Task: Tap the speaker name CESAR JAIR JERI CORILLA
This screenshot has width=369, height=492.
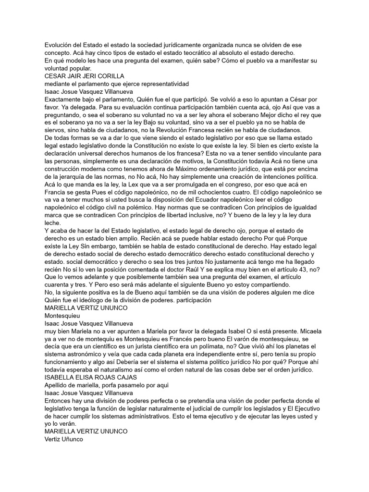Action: pos(84,76)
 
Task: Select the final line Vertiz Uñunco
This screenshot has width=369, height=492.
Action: pos(64,439)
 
